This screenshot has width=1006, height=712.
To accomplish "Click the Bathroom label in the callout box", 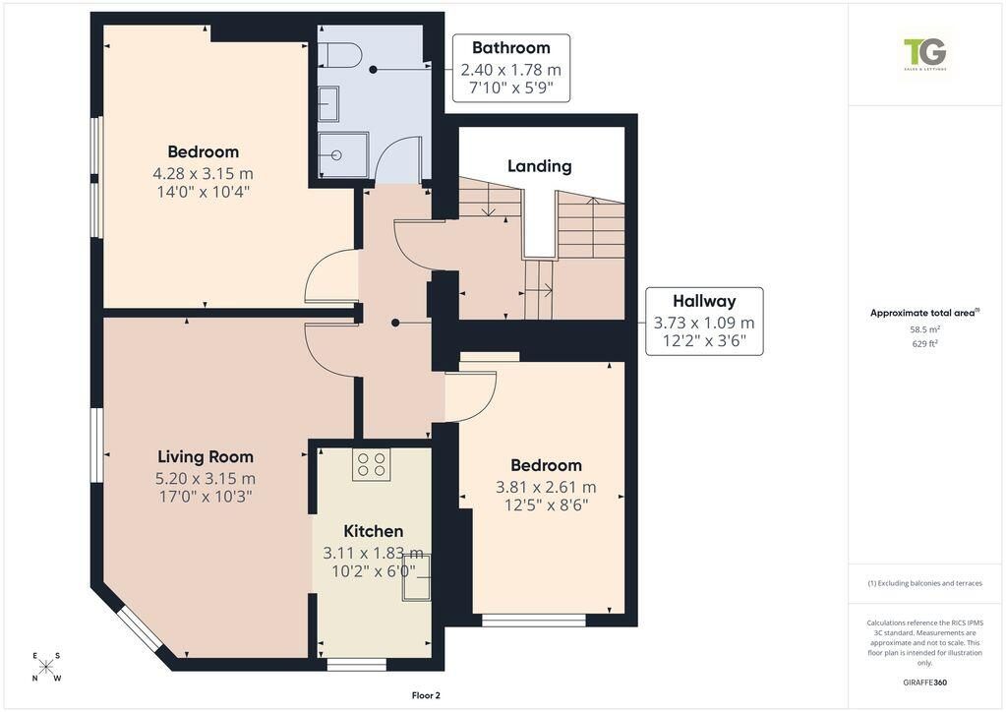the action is (x=510, y=47).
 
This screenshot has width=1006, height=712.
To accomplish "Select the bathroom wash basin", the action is (x=328, y=103).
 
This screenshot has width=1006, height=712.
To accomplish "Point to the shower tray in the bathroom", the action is (x=344, y=154).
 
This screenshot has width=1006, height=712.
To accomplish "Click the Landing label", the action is (x=540, y=166).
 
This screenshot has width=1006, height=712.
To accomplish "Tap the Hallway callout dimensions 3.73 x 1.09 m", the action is (x=704, y=323).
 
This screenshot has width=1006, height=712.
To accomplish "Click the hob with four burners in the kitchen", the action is (x=371, y=464).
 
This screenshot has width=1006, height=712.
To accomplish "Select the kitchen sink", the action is (x=416, y=576).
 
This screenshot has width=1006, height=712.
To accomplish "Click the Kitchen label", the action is (x=374, y=531).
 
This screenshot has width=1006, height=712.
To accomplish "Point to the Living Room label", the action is (x=206, y=456).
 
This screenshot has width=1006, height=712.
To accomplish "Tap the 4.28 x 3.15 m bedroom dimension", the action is (x=203, y=173).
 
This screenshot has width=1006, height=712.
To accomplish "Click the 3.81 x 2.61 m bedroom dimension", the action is (x=546, y=488).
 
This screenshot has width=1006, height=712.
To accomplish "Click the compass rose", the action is (x=45, y=667).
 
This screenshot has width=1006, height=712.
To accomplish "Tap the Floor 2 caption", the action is (x=426, y=695).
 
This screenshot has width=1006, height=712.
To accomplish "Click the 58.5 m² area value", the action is (x=924, y=329).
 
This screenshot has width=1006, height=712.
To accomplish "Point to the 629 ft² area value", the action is (x=924, y=344).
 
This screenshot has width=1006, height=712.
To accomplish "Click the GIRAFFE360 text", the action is (x=924, y=682).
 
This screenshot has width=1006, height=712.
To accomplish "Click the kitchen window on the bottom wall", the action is (x=357, y=665).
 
